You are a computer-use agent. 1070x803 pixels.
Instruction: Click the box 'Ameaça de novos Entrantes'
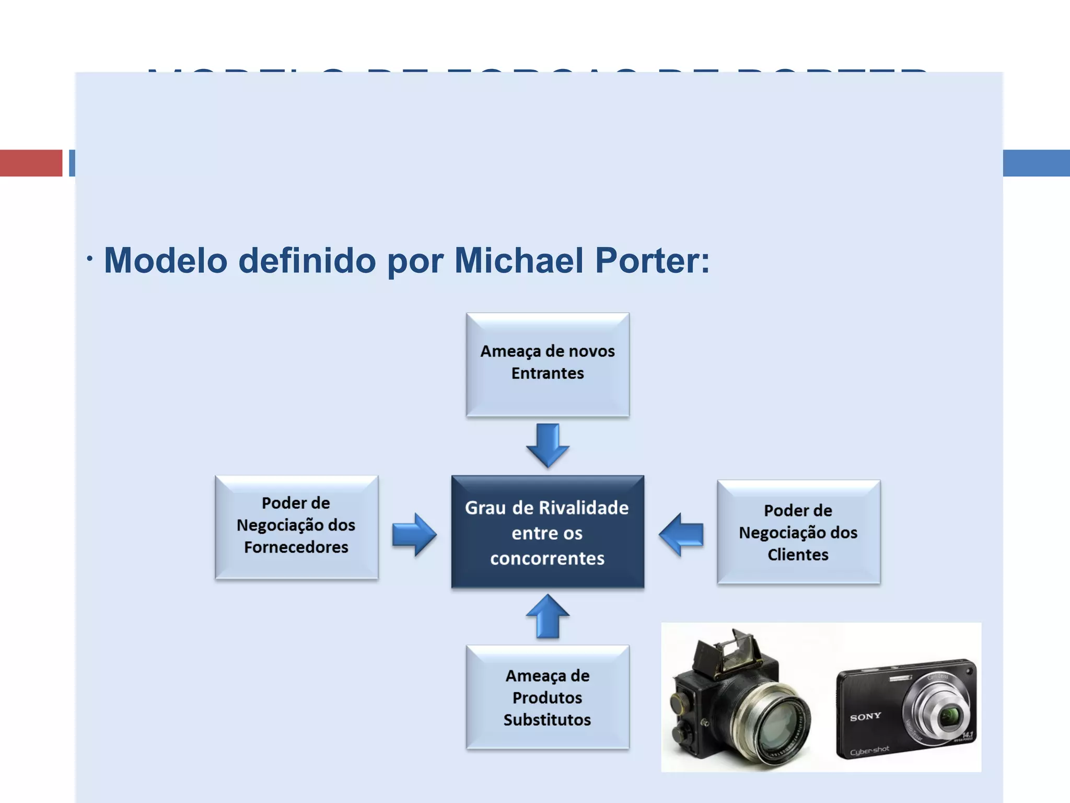tap(548, 364)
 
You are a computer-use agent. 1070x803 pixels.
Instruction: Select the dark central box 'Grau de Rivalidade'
tap(548, 532)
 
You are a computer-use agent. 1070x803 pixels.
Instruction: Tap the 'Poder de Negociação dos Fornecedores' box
tap(296, 527)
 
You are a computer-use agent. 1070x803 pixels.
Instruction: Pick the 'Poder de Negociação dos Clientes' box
tap(798, 532)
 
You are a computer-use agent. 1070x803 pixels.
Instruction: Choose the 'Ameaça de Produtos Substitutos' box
tap(548, 697)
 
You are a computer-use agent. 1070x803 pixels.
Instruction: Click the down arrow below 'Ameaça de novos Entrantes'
tap(548, 445)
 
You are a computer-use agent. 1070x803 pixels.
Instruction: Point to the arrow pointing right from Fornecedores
tap(414, 534)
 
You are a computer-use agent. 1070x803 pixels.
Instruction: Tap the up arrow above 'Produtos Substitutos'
tap(548, 616)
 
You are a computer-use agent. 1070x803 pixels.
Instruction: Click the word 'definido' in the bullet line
tap(307, 260)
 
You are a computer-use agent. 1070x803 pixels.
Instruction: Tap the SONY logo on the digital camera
tap(865, 716)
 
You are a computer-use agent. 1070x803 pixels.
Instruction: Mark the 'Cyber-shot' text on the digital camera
tap(869, 751)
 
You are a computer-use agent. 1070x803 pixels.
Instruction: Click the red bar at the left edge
tap(31, 163)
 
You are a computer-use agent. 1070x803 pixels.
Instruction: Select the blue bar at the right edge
tap(1036, 163)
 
